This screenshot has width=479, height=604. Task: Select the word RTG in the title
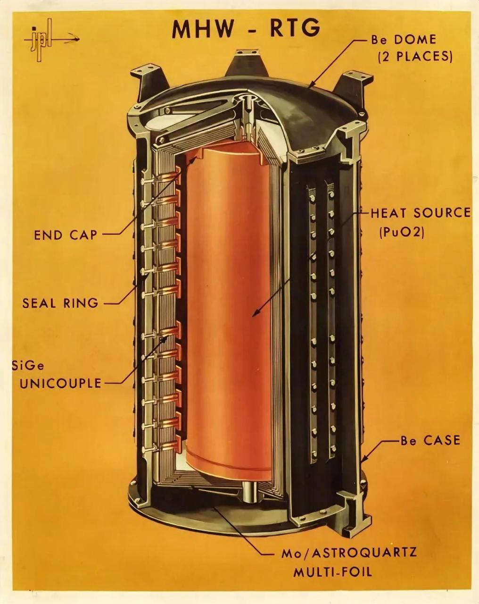point(295,28)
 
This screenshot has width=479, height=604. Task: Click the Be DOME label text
point(404,40)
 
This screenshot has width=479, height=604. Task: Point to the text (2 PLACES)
point(415,58)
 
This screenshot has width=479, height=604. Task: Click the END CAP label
point(66,235)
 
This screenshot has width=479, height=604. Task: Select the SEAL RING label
point(60,303)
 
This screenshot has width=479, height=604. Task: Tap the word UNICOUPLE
point(60,383)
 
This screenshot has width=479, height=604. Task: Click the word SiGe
point(28,366)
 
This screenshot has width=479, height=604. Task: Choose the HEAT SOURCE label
point(421,213)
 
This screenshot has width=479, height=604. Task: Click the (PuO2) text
point(402,232)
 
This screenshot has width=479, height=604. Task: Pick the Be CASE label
point(430,440)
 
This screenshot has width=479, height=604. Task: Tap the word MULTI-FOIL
point(332,572)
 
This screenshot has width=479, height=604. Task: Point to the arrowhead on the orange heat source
point(255,313)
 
